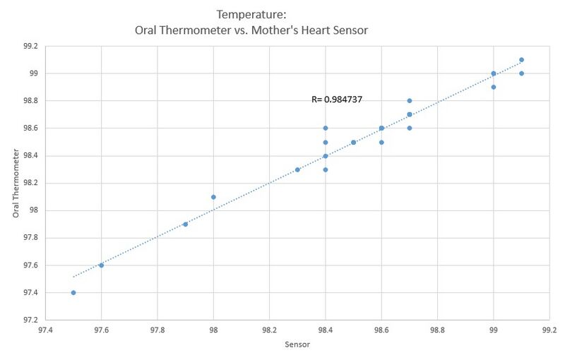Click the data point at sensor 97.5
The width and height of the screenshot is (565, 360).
(x=73, y=292)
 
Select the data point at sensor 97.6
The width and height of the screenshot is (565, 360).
(x=101, y=265)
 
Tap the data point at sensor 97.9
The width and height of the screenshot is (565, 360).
(x=185, y=224)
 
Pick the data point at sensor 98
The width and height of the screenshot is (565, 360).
(x=213, y=197)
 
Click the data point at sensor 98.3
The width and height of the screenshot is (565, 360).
(x=297, y=169)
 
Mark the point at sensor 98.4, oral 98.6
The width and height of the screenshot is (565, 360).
(x=326, y=128)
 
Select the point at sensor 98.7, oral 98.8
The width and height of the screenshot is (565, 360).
(x=410, y=101)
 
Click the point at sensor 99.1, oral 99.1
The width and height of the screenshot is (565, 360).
(x=521, y=60)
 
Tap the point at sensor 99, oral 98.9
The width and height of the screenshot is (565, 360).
(x=494, y=87)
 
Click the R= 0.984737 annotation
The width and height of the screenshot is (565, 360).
(x=337, y=100)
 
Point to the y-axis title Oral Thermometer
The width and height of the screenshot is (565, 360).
(x=16, y=183)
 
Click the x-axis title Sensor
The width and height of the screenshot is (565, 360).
(x=297, y=344)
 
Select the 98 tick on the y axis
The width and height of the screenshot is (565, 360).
(x=32, y=210)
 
